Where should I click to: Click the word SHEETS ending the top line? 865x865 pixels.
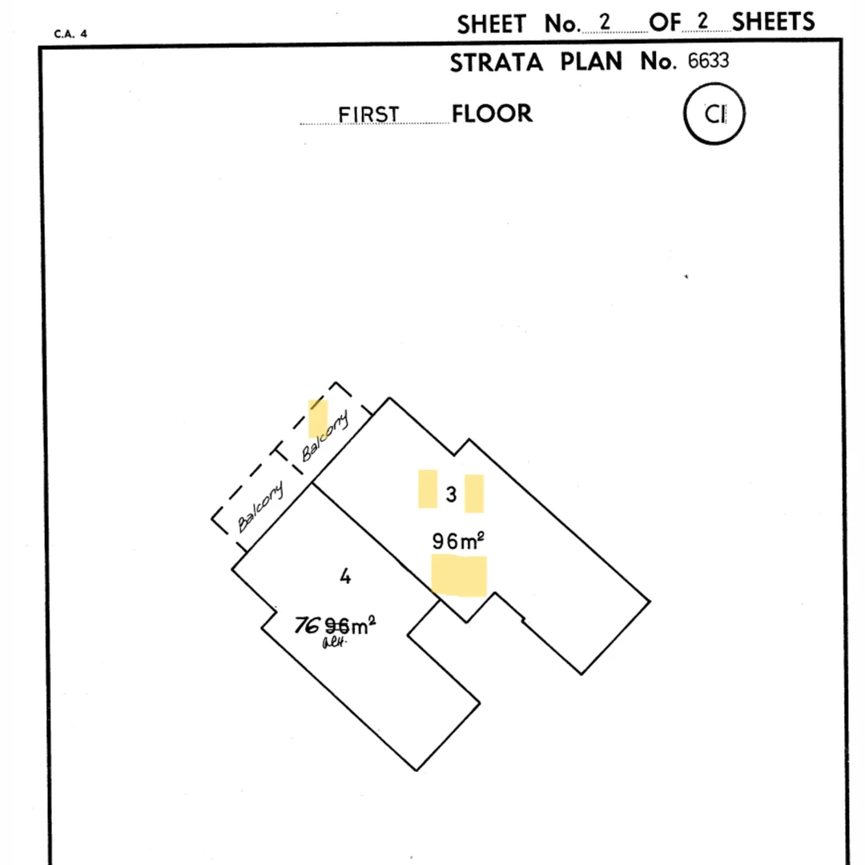(773, 22)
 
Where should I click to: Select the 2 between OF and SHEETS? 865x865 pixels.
(702, 22)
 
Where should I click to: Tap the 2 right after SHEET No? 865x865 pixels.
(605, 22)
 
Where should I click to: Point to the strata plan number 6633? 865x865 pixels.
(708, 61)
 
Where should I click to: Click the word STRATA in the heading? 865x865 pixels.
(496, 62)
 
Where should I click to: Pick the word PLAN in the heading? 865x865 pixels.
(591, 62)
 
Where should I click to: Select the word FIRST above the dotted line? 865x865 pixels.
(368, 115)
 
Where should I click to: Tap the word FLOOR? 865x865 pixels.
(492, 114)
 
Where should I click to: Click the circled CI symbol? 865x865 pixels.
(714, 115)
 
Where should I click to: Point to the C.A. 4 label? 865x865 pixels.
(70, 34)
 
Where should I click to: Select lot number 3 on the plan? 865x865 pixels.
(451, 495)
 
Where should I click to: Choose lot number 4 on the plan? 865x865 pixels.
(345, 576)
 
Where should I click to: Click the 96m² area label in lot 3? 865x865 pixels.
(458, 542)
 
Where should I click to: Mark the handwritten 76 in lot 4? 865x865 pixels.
(307, 625)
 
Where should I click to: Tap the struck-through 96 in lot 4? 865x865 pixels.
(336, 626)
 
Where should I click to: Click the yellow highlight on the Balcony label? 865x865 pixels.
(318, 417)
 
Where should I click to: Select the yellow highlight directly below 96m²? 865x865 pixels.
(459, 576)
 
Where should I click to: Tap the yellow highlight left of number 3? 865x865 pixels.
(428, 489)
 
